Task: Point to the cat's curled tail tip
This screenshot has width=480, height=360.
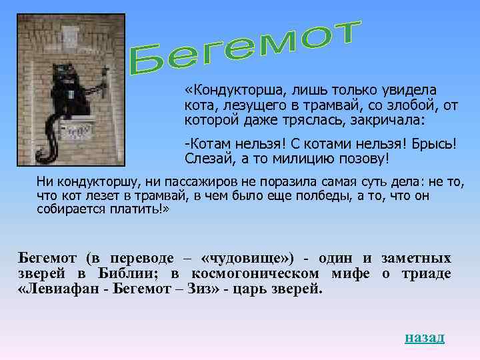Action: click(41, 158)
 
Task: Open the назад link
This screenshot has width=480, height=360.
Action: click(424, 337)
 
